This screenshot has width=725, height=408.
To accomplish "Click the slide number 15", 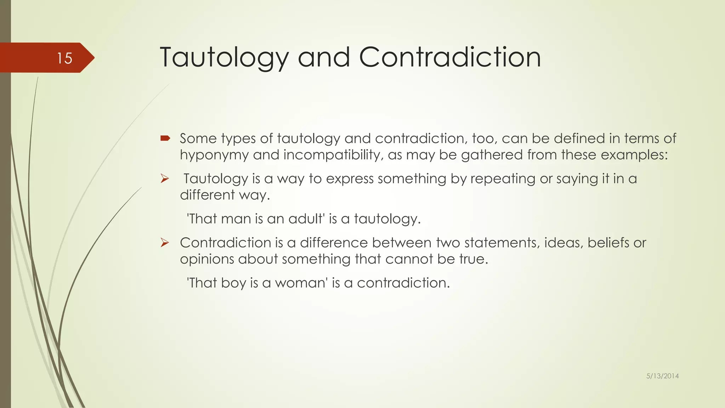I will tap(64, 58).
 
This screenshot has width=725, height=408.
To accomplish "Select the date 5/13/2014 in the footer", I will tap(662, 376).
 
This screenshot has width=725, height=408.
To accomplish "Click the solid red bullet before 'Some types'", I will tap(165, 138).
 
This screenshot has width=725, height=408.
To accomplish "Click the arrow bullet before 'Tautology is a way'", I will tap(165, 179).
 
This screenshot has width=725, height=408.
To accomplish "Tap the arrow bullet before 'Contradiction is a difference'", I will tap(165, 243).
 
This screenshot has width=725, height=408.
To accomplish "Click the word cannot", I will tap(409, 259).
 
